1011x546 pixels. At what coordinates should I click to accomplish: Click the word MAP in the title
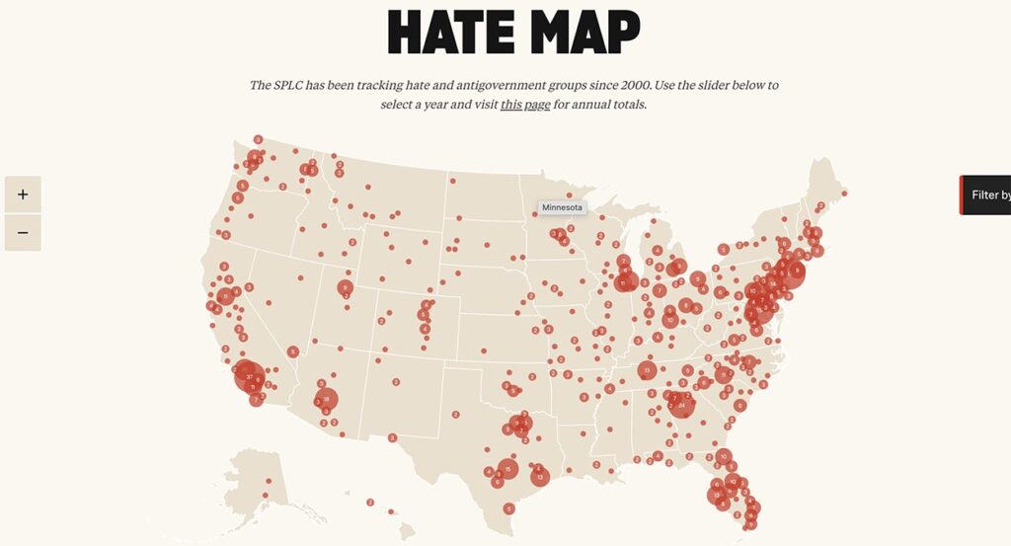click(584, 33)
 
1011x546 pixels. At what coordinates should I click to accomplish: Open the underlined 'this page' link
click(525, 105)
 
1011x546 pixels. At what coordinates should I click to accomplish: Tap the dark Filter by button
click(987, 195)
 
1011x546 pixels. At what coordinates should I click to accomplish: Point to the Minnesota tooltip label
click(563, 207)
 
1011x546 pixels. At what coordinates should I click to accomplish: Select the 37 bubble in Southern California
click(247, 374)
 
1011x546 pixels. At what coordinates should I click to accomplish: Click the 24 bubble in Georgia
click(681, 405)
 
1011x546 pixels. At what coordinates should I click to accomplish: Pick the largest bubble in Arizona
click(326, 400)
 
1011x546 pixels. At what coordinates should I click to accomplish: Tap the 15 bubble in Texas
click(507, 468)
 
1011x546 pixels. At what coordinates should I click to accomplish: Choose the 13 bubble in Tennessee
click(647, 370)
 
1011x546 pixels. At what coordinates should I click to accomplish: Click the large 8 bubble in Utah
click(345, 288)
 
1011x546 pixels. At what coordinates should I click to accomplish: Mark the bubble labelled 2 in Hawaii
click(370, 503)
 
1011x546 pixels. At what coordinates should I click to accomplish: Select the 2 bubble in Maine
click(820, 205)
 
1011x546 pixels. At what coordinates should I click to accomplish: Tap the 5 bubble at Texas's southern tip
click(508, 508)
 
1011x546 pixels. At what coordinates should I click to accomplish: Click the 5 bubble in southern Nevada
click(293, 351)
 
